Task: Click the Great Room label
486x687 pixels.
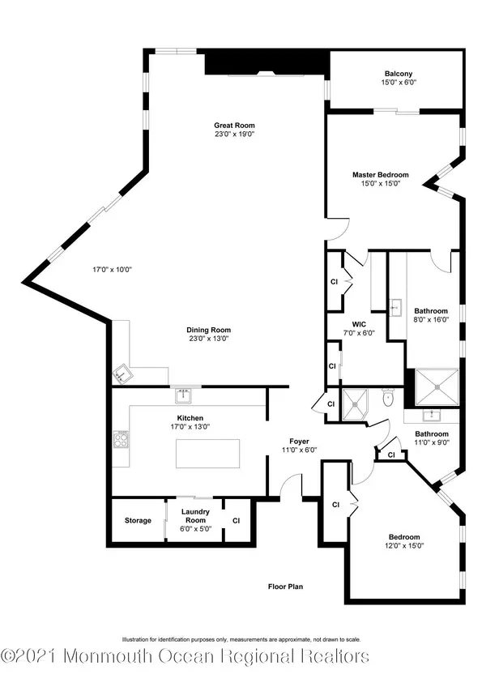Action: pyautogui.click(x=234, y=126)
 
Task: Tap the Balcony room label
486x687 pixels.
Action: pyautogui.click(x=399, y=74)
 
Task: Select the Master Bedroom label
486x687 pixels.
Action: pyautogui.click(x=381, y=175)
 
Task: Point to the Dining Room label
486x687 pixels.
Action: pyautogui.click(x=209, y=330)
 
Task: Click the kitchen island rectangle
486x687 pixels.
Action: pyautogui.click(x=207, y=454)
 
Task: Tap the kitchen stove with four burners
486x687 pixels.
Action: pyautogui.click(x=121, y=439)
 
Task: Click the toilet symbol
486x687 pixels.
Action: pyautogui.click(x=388, y=398)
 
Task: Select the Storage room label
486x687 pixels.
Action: pyautogui.click(x=138, y=520)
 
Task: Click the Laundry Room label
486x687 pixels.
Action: pyautogui.click(x=195, y=516)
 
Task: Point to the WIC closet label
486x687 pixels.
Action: pyautogui.click(x=359, y=324)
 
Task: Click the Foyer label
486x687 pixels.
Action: pyautogui.click(x=300, y=442)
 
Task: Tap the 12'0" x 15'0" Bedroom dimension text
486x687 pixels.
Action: pyautogui.click(x=404, y=546)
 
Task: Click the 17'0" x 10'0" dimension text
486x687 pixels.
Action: pyautogui.click(x=113, y=270)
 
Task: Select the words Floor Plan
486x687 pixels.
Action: pyautogui.click(x=286, y=587)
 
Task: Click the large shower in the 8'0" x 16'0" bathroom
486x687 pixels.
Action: pyautogui.click(x=437, y=386)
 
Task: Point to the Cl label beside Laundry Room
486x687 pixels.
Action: pyautogui.click(x=237, y=520)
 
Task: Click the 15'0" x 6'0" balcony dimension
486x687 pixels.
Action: pyautogui.click(x=399, y=83)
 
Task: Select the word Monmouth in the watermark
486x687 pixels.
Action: pyautogui.click(x=109, y=657)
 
